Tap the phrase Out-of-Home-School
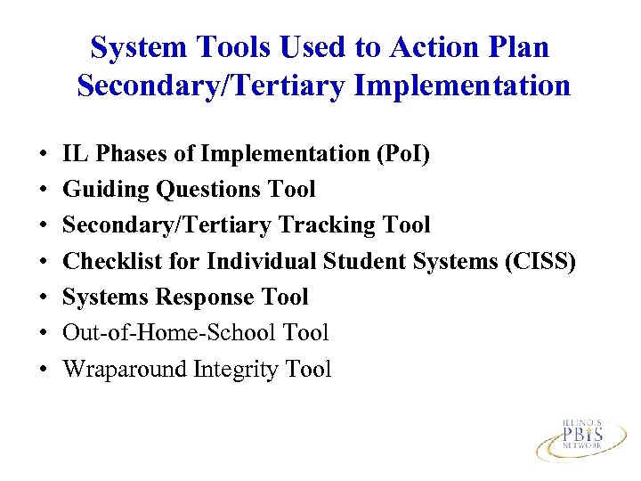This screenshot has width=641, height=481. point(170,333)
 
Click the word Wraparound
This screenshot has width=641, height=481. point(125,369)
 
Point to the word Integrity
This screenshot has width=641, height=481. point(235,369)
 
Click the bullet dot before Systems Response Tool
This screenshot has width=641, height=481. point(44,298)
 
